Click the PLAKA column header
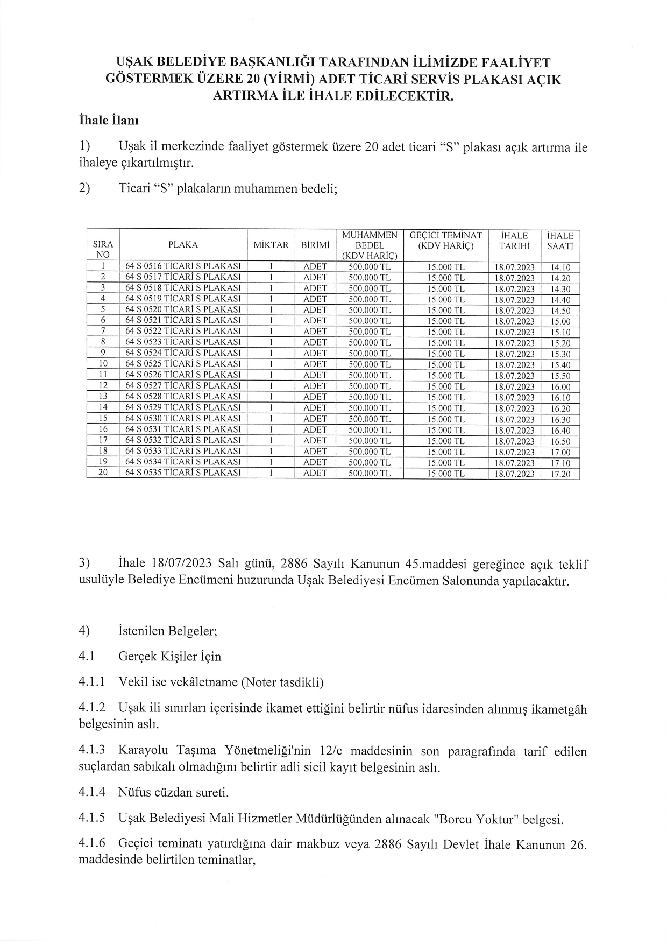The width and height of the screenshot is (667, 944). [183, 245]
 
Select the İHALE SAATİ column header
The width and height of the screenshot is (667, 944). [560, 241]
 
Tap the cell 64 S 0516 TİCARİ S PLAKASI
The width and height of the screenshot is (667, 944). [183, 266]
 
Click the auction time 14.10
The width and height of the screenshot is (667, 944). [560, 267]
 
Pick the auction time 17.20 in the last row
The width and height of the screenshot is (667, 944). [560, 474]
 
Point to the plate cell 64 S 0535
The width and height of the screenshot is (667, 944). [183, 473]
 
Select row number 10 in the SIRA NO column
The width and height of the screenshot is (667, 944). [103, 364]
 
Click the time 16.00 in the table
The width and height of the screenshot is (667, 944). [560, 387]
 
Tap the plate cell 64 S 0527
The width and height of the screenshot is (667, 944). [183, 386]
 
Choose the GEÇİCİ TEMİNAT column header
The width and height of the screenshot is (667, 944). [445, 241]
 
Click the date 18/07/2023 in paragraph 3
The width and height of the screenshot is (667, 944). [183, 564]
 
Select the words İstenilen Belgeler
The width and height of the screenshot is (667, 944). [167, 631]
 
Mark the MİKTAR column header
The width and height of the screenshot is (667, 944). [271, 245]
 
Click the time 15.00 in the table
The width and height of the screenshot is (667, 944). [560, 322]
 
